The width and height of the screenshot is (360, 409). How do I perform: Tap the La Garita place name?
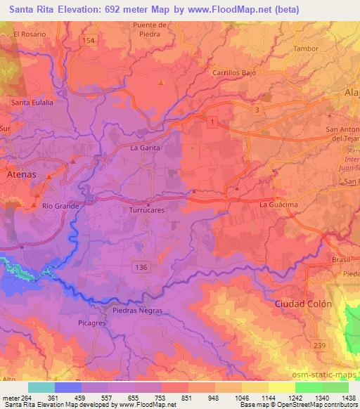[146, 148]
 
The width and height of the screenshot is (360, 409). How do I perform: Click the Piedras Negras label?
[138, 310]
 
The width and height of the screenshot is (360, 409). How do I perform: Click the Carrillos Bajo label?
[235, 72]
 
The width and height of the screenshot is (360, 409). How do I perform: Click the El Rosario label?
[30, 34]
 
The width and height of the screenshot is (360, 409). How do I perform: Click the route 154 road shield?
[88, 41]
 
